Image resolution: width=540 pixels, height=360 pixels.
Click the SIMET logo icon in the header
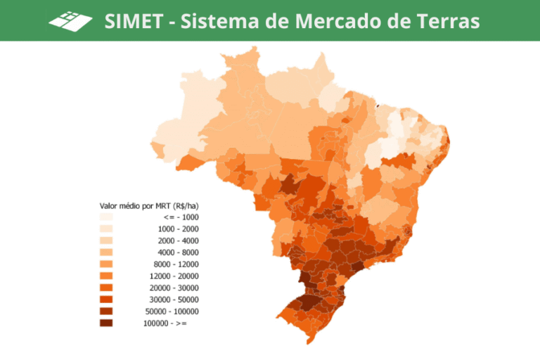tap(70, 20)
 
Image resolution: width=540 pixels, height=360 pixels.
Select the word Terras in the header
tap(447, 21)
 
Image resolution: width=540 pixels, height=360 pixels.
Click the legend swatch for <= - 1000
tap(108, 217)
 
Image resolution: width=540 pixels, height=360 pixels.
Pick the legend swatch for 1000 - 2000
tap(108, 229)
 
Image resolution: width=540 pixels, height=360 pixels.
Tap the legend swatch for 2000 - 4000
tap(108, 240)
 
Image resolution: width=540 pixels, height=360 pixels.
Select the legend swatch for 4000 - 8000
tap(108, 252)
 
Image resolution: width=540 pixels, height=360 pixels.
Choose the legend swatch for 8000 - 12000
tap(108, 264)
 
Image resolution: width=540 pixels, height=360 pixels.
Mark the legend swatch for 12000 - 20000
tap(108, 276)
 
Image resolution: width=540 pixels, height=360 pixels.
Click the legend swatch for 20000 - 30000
tap(108, 288)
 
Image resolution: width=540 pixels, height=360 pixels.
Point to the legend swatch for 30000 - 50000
tap(108, 300)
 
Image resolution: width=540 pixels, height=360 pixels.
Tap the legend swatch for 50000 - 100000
tap(108, 311)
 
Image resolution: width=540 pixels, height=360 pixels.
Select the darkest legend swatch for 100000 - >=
tap(108, 323)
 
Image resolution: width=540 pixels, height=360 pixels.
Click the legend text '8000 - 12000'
tap(176, 264)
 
